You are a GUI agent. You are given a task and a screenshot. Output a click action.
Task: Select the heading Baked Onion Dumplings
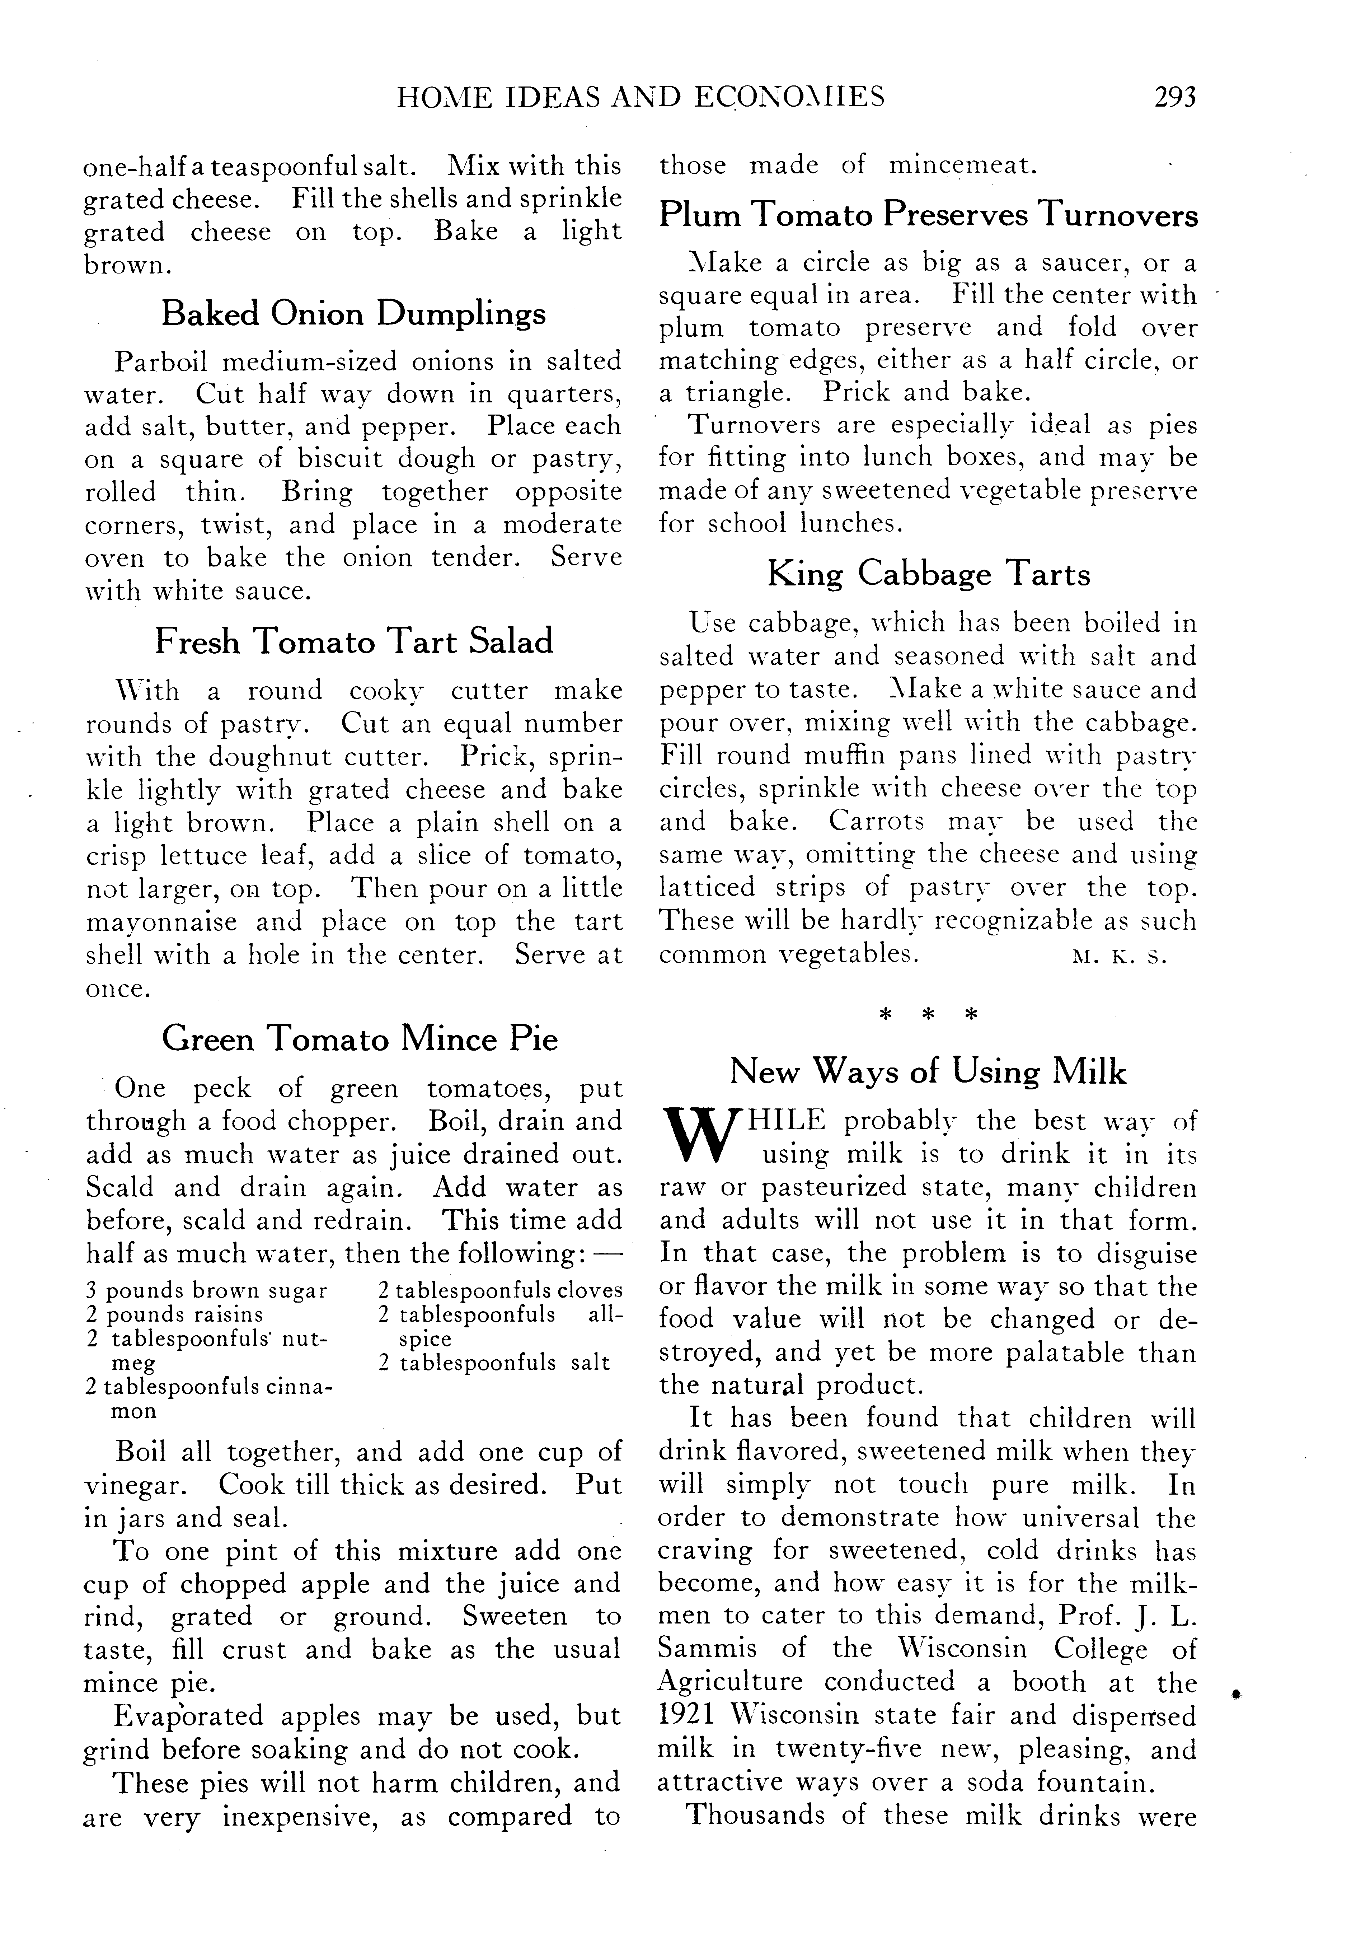(x=353, y=313)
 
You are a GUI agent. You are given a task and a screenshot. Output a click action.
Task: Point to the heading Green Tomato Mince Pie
(x=360, y=1038)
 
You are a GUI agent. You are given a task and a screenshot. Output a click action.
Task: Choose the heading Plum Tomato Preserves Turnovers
(x=928, y=215)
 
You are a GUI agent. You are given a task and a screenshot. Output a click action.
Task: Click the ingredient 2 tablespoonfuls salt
(x=493, y=1362)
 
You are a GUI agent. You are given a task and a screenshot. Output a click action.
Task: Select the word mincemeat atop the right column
(x=962, y=165)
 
